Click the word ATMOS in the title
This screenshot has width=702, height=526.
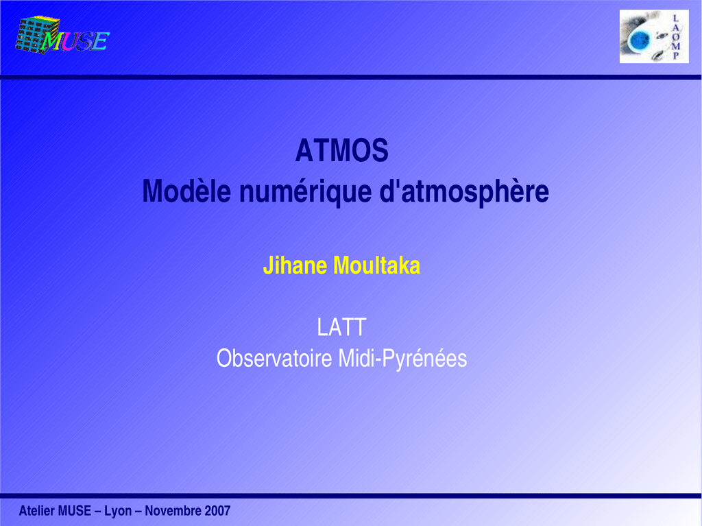tap(341, 150)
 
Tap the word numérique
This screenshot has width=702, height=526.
tap(305, 192)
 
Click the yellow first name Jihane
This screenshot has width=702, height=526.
tap(295, 265)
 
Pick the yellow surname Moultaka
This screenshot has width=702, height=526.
tap(377, 265)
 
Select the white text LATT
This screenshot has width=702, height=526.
tap(341, 327)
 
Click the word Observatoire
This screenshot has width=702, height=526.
tap(274, 359)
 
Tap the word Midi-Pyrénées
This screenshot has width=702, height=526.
tap(402, 359)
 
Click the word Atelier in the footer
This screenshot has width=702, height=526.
tap(37, 510)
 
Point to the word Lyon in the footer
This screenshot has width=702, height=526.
tap(118, 511)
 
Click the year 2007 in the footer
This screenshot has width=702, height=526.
tap(217, 510)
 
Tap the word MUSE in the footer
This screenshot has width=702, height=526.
tap(75, 510)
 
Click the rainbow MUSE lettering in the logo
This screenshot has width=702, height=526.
tap(75, 41)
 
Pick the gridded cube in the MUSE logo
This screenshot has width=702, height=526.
tap(37, 34)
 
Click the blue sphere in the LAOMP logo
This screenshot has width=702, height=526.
tap(639, 40)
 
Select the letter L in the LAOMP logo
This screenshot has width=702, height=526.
tap(675, 19)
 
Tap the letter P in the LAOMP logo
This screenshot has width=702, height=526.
tap(675, 56)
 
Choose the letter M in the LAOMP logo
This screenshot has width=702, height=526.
tap(675, 46)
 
